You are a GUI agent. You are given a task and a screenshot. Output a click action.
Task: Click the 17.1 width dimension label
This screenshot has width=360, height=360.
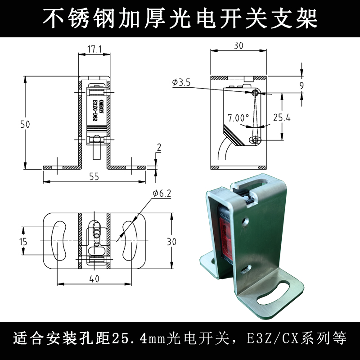click(x=94, y=49)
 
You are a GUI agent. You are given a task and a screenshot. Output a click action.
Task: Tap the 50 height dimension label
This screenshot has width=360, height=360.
click(x=25, y=125)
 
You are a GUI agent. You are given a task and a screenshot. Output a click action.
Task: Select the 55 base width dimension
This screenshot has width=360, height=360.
click(x=94, y=176)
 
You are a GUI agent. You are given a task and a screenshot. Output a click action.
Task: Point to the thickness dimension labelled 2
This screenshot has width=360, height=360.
click(x=159, y=148)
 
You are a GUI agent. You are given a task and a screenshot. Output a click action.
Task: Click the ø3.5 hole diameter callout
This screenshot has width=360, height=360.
click(x=181, y=82)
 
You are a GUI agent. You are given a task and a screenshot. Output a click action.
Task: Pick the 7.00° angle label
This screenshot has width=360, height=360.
click(x=238, y=118)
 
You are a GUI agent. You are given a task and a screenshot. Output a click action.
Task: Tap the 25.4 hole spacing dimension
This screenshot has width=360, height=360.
click(x=282, y=117)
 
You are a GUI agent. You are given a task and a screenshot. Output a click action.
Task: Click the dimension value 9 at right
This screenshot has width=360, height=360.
click(x=301, y=85)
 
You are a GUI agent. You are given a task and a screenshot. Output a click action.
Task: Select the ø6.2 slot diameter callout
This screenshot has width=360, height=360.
click(x=162, y=193)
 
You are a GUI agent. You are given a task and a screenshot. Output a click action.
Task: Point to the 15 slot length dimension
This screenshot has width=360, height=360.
click(x=23, y=242)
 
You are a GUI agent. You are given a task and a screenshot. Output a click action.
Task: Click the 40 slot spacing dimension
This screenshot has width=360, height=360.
click(x=94, y=279)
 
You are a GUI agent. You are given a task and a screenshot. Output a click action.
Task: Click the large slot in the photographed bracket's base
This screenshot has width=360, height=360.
click(x=273, y=294)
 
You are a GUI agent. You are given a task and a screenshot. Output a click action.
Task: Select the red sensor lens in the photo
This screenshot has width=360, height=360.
click(x=226, y=239)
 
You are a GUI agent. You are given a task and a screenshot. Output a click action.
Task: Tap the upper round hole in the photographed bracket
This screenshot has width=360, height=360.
click(x=245, y=221)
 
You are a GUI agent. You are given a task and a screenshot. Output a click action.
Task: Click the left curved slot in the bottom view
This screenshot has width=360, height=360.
click(x=59, y=241)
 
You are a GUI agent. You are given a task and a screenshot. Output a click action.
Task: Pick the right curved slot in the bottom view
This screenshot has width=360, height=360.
click(x=130, y=241)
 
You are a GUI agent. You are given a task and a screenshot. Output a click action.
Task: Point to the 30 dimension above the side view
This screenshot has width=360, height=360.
click(x=238, y=46)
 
